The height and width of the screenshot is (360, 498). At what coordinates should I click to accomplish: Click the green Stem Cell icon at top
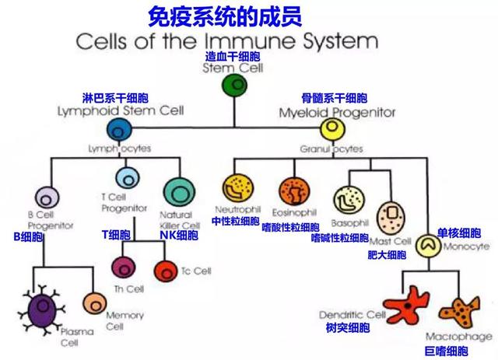[234, 86]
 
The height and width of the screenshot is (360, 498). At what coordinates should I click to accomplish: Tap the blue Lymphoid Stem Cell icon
[120, 129]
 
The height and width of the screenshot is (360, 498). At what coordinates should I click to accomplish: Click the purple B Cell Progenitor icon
[47, 199]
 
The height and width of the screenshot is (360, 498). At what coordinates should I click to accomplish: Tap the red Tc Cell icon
[167, 271]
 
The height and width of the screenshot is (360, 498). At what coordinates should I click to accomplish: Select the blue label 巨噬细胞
[449, 351]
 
